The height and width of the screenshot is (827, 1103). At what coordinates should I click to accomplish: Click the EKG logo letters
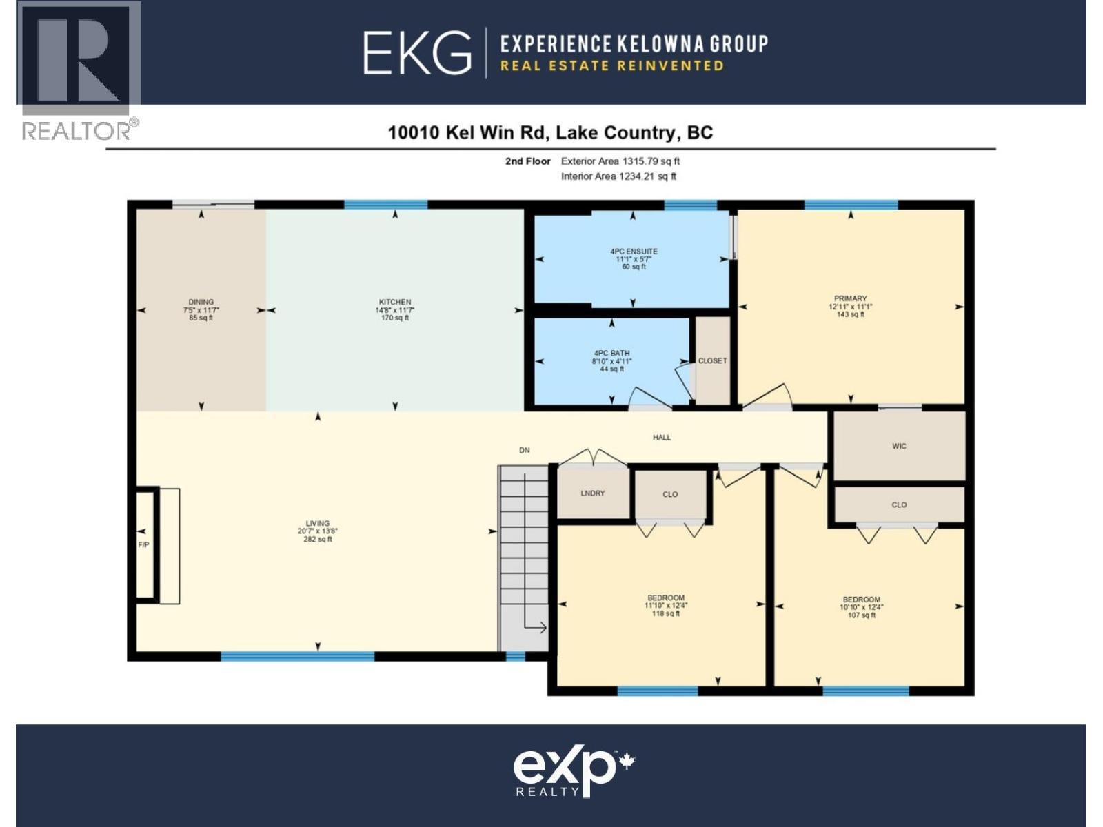[x=417, y=53]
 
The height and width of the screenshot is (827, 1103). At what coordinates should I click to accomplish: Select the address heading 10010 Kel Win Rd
[x=550, y=132]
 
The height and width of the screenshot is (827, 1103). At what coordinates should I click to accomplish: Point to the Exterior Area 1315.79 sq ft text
[x=620, y=161]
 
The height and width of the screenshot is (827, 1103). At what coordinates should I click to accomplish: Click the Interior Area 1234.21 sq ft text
[x=618, y=176]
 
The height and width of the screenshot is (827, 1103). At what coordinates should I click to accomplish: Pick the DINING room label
[x=201, y=302]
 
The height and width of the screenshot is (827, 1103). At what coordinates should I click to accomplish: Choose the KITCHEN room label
[x=395, y=302]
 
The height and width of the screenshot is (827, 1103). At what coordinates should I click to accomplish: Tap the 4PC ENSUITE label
[x=634, y=252]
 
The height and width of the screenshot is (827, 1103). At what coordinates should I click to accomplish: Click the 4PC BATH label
[x=611, y=353]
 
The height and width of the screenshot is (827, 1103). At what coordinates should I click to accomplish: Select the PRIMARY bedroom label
[x=850, y=298]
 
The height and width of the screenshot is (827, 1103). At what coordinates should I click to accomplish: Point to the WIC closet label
[x=899, y=447]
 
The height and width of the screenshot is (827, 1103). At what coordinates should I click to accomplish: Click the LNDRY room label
[x=593, y=493]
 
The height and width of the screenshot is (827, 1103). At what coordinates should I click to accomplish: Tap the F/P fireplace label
[x=144, y=545]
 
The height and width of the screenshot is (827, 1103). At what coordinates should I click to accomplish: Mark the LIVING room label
[x=318, y=523]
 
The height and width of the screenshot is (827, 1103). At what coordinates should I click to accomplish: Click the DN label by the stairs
[x=525, y=450]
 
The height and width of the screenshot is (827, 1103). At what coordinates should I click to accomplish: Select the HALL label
[x=662, y=437]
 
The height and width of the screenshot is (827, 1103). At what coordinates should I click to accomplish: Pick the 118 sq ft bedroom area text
[x=666, y=613]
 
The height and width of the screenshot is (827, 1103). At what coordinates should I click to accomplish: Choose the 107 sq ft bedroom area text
[x=862, y=615]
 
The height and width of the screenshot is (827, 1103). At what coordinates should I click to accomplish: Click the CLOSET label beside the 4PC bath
[x=712, y=360]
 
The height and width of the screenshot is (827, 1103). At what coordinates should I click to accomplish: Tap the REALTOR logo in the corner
[x=78, y=72]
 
